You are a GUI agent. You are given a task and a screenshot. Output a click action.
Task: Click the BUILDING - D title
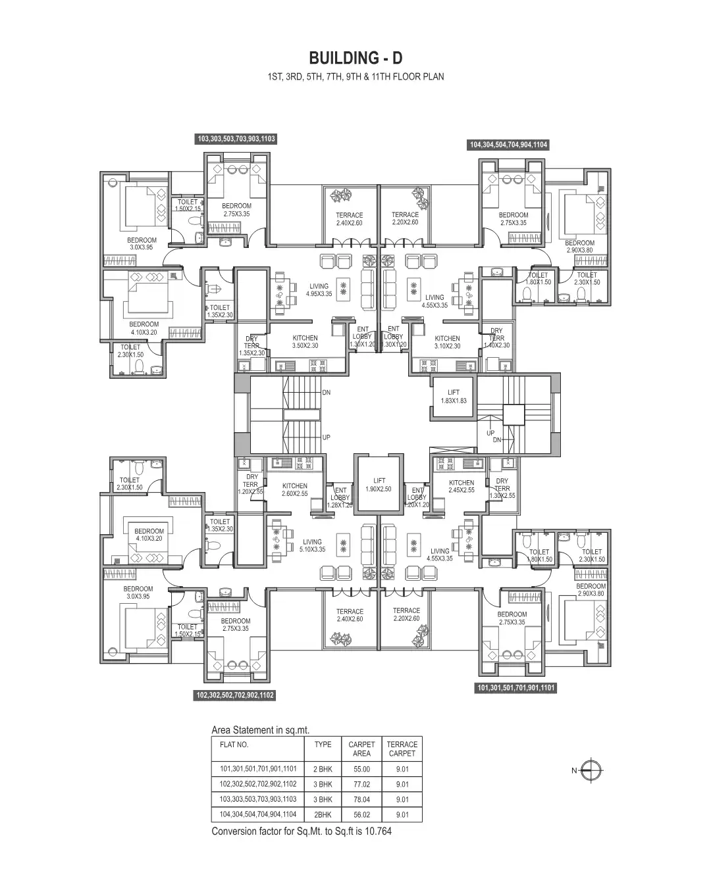pos(355,58)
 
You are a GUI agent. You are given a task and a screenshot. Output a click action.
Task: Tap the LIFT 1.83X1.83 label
pos(454,397)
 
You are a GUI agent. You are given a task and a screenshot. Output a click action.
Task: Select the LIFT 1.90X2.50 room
pos(379,485)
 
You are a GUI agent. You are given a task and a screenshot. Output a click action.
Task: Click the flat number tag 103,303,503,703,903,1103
pos(236,139)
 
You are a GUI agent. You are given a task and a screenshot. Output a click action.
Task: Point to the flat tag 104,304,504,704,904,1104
pos(508,145)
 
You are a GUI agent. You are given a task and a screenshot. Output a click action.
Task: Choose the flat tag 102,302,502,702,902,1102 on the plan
pos(235,695)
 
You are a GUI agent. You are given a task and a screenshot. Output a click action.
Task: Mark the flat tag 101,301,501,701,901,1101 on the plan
pos(516,688)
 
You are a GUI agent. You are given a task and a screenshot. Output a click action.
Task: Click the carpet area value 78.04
pos(361,800)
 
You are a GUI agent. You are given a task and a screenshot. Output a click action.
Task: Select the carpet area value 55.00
pos(361,769)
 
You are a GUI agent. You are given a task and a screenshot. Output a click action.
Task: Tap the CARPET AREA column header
pos(361,749)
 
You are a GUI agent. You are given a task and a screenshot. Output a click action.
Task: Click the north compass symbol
pos(592,770)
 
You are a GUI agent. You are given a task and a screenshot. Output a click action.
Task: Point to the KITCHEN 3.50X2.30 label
pos(305,342)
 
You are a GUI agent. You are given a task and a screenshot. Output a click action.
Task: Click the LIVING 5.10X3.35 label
pos(312,546)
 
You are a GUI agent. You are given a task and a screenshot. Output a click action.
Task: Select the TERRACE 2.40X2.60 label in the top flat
pos(349,219)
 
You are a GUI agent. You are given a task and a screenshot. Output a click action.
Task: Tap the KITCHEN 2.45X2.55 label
pos(461,486)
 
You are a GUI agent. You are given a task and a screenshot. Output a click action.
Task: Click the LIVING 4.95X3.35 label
pos(319,290)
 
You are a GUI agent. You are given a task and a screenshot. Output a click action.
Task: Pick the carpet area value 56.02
pos(361,815)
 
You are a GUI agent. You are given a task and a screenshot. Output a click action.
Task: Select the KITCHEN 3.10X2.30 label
pos(447,342)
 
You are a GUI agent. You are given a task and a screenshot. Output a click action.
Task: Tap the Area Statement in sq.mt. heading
pos(260,730)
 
